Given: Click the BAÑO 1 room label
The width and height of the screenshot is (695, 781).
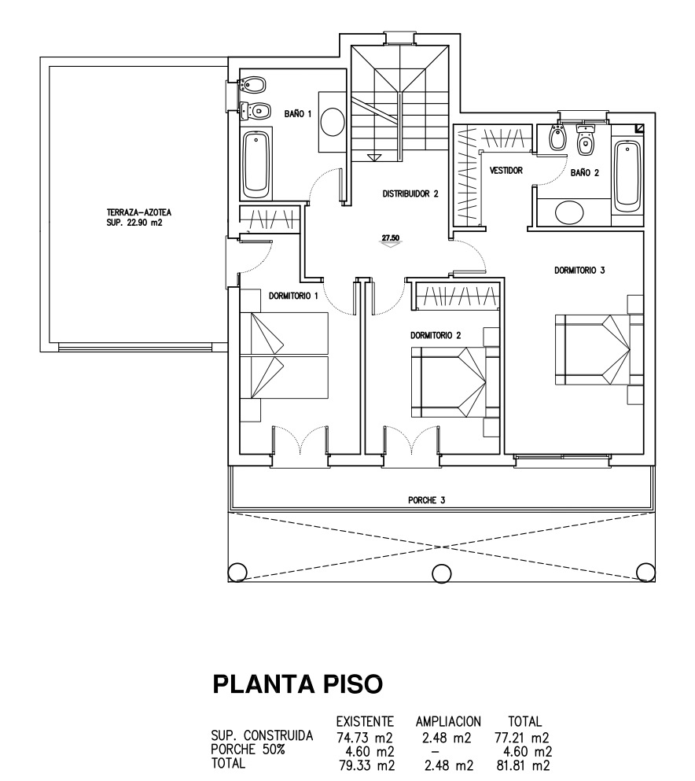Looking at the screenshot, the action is point(298,114).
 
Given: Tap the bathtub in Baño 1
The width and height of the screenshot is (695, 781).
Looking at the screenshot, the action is point(257,164).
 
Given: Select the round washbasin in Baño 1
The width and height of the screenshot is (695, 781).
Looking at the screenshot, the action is point(332,122).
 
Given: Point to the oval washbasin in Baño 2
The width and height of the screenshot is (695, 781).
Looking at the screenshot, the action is point(568,213).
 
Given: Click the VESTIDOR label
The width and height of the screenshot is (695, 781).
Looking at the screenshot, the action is point(506,171).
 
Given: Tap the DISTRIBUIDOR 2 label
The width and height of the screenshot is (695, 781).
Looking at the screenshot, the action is point(410,193).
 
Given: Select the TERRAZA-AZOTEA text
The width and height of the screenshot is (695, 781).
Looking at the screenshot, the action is point(139,212).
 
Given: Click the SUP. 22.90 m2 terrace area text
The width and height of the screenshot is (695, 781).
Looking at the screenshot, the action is point(134,223).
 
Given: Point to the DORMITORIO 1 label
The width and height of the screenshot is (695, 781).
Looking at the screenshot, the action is point(293,297).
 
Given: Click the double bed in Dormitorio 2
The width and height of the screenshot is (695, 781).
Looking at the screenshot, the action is point(448,382).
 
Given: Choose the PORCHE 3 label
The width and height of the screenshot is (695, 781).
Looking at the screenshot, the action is point(427,500).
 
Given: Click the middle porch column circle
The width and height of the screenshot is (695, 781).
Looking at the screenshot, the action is point(442,573).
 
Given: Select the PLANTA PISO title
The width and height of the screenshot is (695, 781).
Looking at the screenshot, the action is point(298,684).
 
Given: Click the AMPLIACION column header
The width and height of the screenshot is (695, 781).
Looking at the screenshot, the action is point(449,721).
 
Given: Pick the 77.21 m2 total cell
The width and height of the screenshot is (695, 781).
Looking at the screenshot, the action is point(522,737).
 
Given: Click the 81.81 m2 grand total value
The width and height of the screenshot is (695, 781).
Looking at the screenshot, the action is point(524,764).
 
